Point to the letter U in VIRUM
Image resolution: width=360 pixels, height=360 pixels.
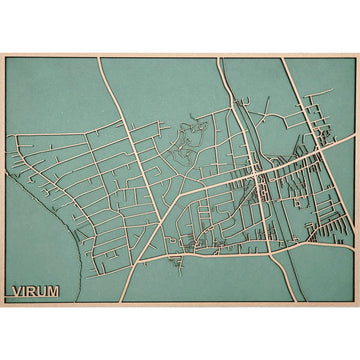(41, 292)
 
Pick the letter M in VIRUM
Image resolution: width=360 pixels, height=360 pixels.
(53, 292)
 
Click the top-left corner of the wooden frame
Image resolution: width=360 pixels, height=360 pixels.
(2, 52)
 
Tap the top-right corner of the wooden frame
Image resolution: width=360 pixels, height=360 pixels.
(358, 52)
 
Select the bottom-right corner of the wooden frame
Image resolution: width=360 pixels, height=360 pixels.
(358, 307)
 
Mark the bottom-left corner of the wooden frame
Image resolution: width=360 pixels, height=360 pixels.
(2, 307)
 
